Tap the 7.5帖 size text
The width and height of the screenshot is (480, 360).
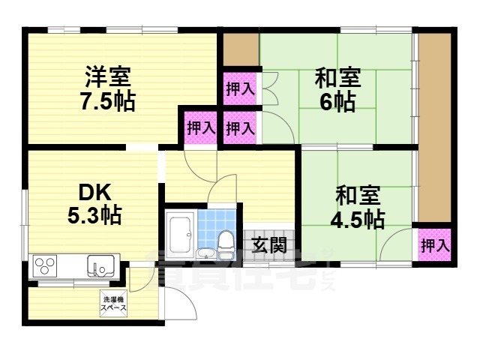pos(107,101)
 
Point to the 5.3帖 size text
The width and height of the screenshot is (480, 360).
pos(94,216)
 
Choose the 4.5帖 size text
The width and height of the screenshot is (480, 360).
pos(359,219)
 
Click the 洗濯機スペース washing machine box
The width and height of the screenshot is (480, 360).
pos(114,304)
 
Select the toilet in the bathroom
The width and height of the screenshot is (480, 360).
pos(225,242)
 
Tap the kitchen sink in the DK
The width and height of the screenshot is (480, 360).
pos(100,265)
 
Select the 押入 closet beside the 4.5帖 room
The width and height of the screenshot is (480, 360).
pos(434,244)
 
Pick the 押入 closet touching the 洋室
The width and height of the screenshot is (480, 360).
pos(200,127)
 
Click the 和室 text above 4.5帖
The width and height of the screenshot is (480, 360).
pos(358,196)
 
